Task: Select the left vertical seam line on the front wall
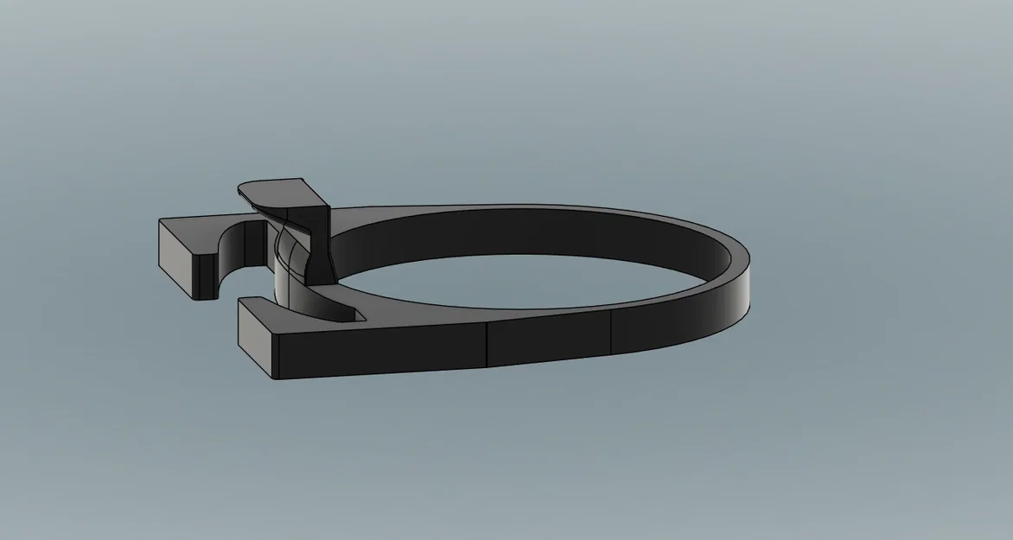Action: pos(486,345)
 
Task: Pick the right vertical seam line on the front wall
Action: pos(611,332)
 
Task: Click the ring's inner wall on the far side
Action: pos(519,232)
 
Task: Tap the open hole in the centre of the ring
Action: pos(519,281)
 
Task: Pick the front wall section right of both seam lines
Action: pos(674,324)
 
